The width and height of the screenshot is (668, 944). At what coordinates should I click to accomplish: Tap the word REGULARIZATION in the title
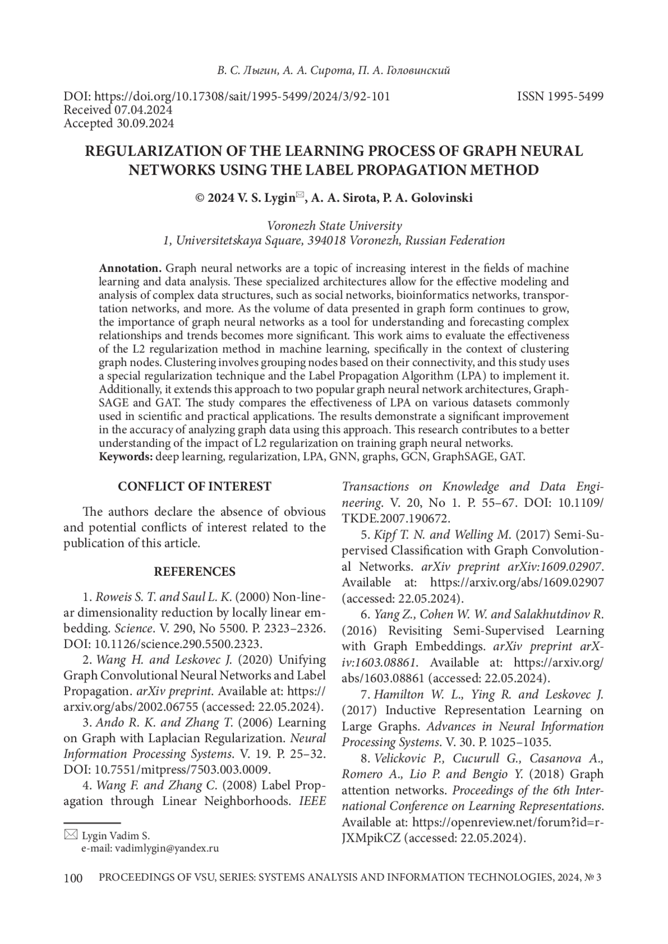tap(149, 151)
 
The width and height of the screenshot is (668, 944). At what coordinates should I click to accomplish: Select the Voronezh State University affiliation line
tap(334, 226)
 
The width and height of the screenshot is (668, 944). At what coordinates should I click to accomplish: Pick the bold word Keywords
tap(126, 457)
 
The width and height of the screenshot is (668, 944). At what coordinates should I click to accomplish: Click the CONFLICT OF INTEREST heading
tap(194, 487)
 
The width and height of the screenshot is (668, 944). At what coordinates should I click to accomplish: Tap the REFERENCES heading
tap(194, 572)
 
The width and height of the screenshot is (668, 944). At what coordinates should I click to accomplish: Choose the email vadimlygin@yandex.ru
tap(166, 849)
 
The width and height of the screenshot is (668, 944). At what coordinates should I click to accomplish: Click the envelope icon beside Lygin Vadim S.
tap(71, 834)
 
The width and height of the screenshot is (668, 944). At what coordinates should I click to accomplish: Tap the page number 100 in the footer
tap(73, 878)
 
